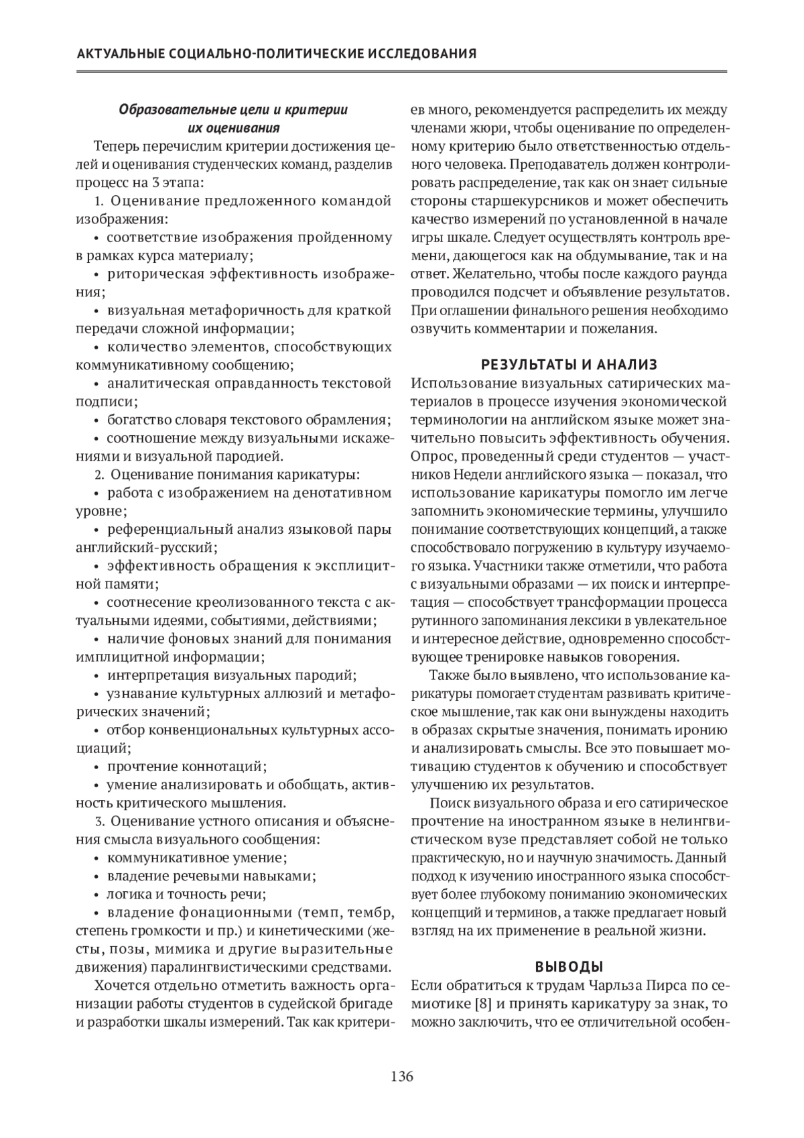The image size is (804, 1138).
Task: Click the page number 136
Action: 402,1077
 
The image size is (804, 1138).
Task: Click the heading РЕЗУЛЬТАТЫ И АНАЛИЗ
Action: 569,364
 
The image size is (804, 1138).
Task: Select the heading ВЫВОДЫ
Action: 569,966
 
